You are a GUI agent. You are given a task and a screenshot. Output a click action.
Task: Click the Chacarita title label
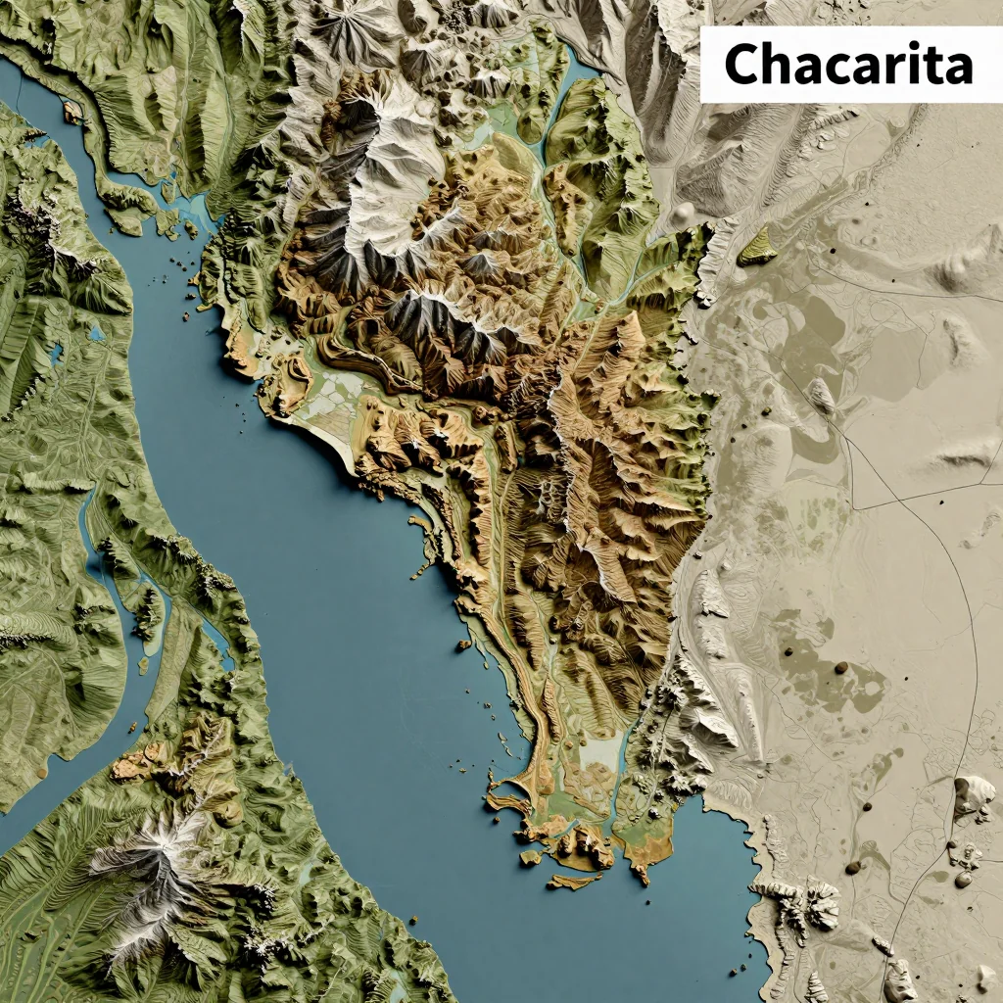point(850,65)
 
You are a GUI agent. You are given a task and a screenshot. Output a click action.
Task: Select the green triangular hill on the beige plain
point(756,247)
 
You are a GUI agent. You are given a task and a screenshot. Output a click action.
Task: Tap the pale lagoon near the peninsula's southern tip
point(599,754)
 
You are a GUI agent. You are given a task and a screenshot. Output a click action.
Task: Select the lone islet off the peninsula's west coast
point(463,645)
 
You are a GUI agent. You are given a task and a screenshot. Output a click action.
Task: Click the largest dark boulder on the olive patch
point(840,668)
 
